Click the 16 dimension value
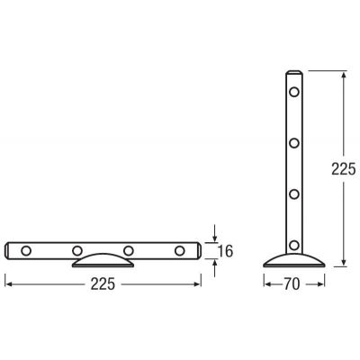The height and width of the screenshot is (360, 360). click(225, 251)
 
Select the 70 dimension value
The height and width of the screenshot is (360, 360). click(292, 284)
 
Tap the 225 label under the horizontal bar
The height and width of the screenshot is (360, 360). click(103, 284)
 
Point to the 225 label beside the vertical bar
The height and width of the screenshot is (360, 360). click(344, 169)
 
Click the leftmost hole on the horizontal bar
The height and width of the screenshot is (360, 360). click(26, 250)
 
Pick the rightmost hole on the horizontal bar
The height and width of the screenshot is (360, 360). click(179, 250)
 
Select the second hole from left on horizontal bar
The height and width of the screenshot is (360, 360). click(77, 250)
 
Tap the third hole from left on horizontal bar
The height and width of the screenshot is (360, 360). click(129, 250)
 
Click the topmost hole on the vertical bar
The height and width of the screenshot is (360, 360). click(294, 92)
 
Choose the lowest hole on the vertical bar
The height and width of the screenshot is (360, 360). click(294, 245)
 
